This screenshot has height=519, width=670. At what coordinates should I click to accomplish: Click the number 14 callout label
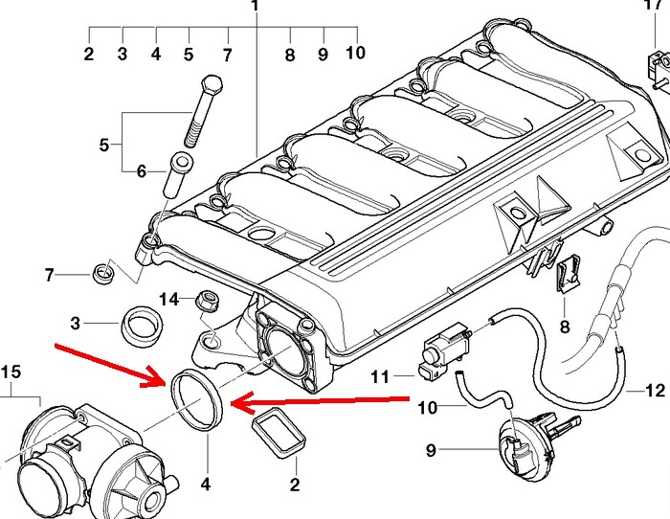[x=168, y=299]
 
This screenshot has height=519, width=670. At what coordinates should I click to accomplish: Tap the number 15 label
[x=10, y=371]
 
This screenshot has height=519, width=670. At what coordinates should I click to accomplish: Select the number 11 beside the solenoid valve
[x=380, y=376]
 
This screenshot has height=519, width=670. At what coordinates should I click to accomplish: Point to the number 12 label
[x=654, y=390]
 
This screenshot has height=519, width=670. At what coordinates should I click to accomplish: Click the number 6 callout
[x=141, y=172]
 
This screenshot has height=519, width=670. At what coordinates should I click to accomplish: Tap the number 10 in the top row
[x=355, y=53]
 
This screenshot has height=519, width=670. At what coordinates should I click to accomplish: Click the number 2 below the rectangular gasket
[x=295, y=486]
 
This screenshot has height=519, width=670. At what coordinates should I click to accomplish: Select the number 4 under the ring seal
[x=205, y=485]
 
